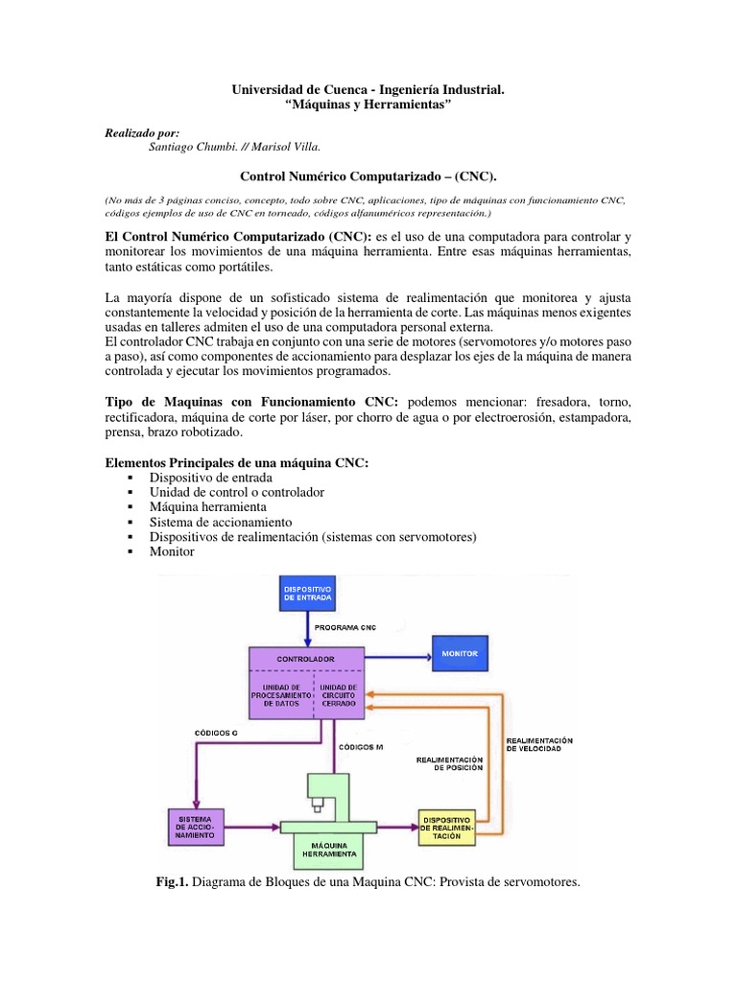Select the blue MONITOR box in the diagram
[460, 653]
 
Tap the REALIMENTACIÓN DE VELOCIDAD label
[538, 744]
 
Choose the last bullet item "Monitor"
[172, 551]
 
